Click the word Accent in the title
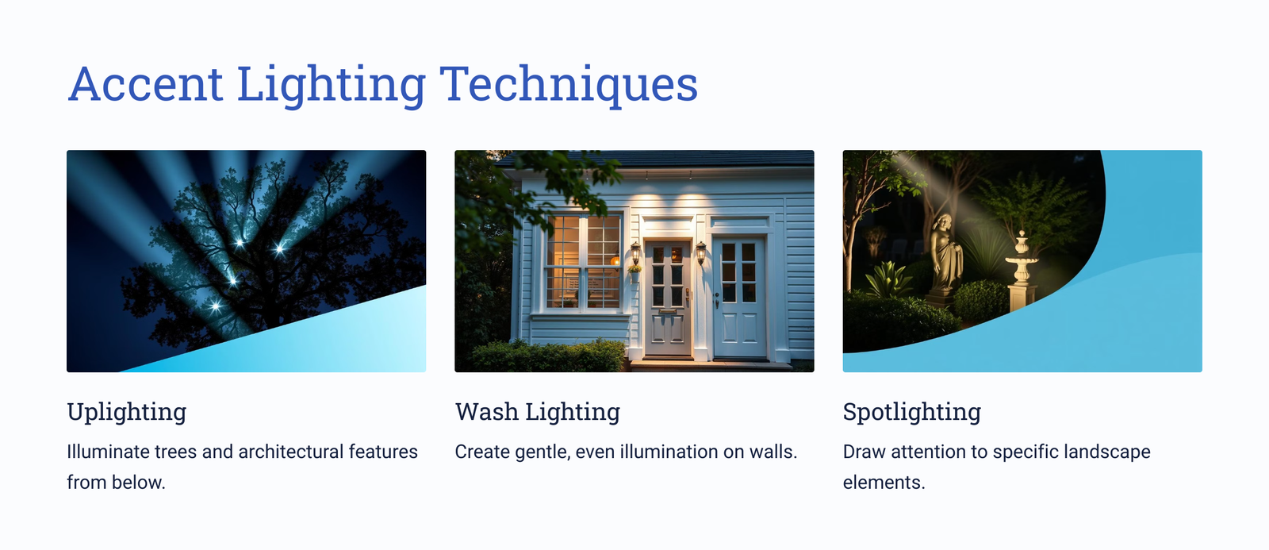145,84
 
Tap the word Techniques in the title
568,85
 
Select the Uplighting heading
126,412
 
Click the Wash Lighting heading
537,412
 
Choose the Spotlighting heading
911,412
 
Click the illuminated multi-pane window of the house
583,263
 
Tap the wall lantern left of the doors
635,253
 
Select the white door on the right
738,298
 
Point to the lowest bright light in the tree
215,307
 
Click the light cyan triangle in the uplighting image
317,340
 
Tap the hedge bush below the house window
548,356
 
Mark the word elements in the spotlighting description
884,483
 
